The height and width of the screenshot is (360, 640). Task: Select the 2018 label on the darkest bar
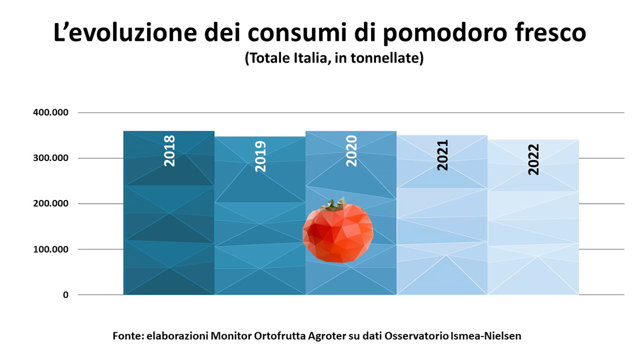coord(170,151)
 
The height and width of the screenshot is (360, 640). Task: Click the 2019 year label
coord(260,156)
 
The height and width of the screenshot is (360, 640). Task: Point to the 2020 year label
coord(351,151)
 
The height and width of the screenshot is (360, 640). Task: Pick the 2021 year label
coord(443,155)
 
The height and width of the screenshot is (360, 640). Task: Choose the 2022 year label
coord(534,159)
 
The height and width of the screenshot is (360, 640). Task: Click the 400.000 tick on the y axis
coord(51,113)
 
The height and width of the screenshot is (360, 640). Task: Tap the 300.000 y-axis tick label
coord(51,158)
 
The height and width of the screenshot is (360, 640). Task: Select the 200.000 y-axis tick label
coord(51,203)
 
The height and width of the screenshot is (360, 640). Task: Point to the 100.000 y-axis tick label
coord(51,249)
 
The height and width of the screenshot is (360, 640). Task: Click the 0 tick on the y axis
coord(66,295)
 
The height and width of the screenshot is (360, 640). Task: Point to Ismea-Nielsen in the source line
coord(486,336)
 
